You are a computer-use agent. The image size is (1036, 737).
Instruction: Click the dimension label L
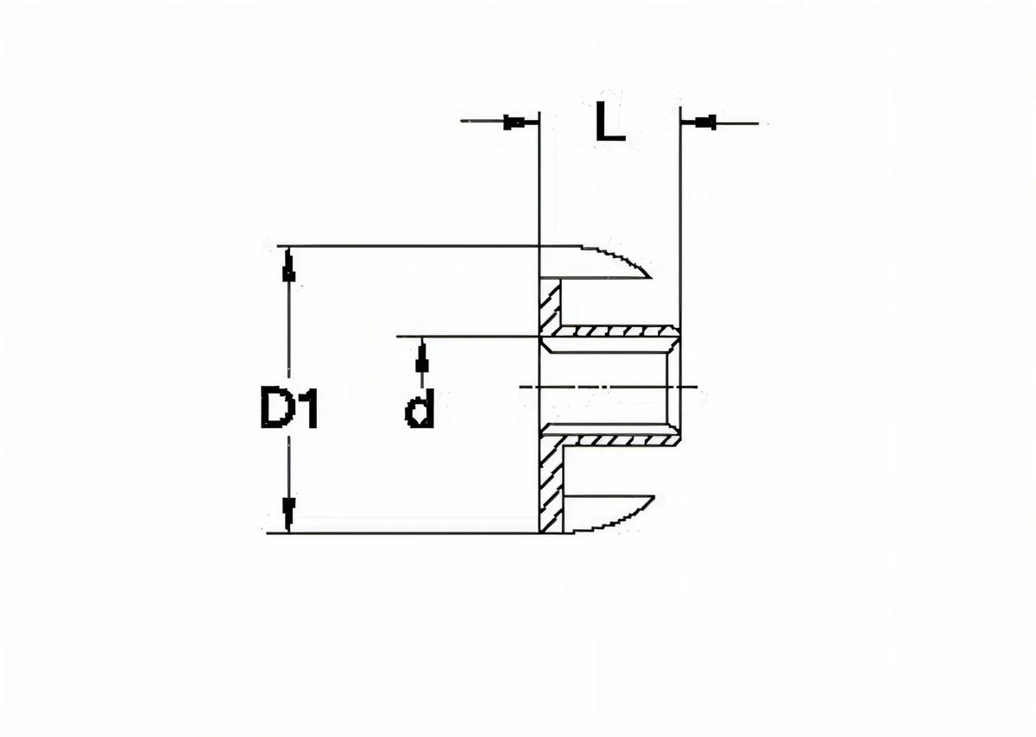pos(610,123)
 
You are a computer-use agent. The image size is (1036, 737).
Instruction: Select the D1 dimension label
pos(289,409)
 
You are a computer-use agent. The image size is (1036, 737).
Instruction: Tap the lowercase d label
pos(420,410)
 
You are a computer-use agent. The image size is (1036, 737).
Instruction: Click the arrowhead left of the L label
pos(515,123)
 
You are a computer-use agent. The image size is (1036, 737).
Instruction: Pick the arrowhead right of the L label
pos(705,123)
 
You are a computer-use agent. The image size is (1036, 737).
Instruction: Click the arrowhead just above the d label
pos(421,356)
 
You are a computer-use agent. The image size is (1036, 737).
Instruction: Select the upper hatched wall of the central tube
pos(613,331)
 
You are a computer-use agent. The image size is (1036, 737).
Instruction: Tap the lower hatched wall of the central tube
pos(613,440)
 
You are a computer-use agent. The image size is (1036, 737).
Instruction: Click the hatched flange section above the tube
pos(550,306)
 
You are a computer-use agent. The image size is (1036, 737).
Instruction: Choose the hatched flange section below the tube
pos(550,483)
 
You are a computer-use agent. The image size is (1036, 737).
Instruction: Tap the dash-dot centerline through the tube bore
pos(604,387)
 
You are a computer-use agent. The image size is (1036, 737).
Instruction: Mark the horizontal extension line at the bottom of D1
pos(406,532)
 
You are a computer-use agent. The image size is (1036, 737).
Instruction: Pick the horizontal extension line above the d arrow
pos(466,335)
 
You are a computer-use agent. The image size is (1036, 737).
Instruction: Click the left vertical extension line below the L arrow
pos(539,190)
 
